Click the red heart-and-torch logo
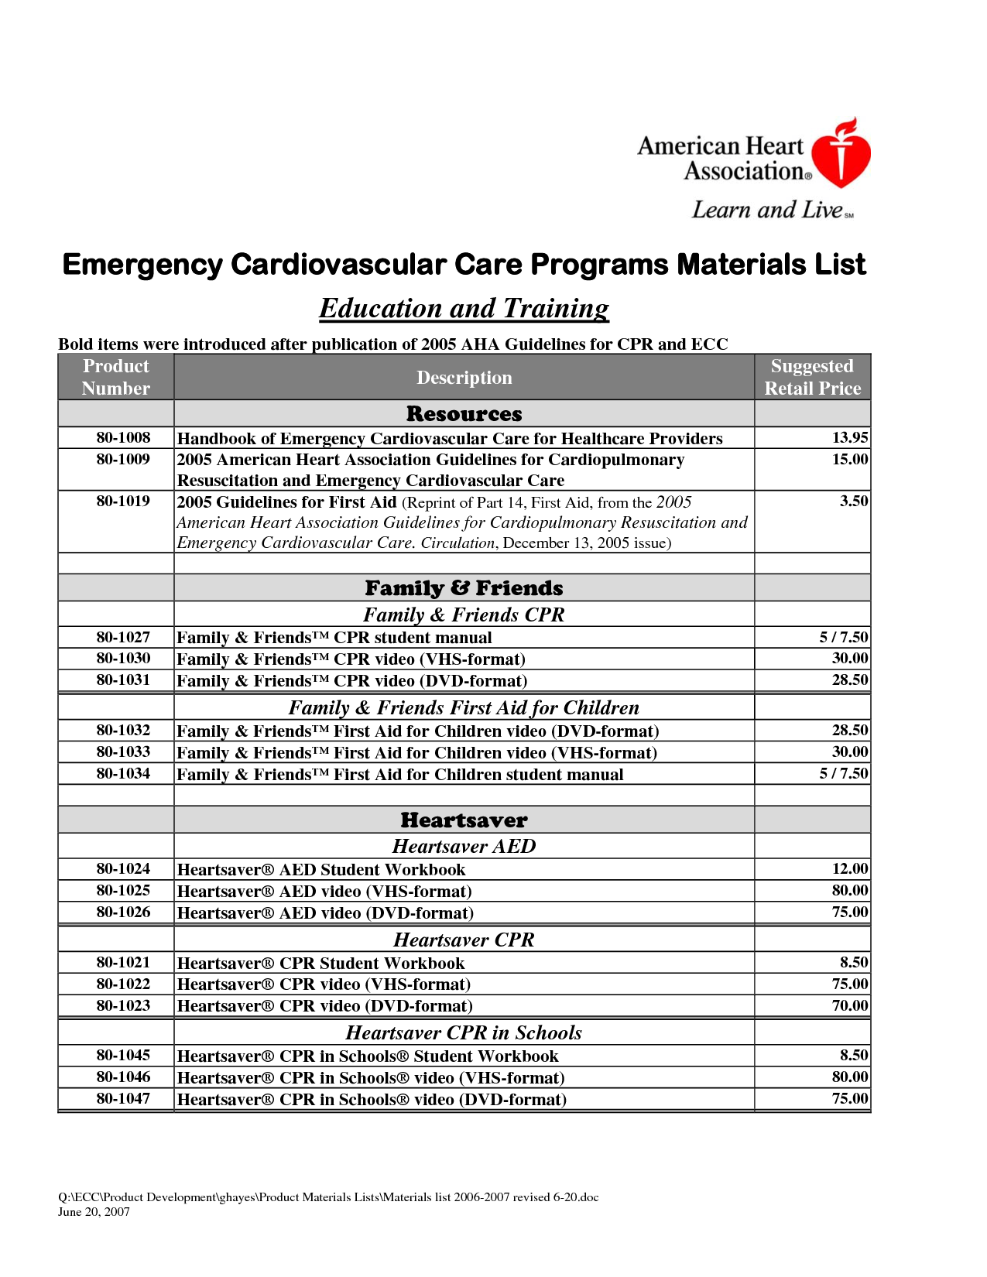[844, 154]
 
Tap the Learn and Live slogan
[771, 210]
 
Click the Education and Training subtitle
[464, 308]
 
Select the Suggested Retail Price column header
[812, 377]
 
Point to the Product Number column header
[116, 377]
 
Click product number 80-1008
[123, 437]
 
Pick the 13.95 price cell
[849, 437]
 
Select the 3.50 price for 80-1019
[854, 501]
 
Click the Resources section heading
[464, 414]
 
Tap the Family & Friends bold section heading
[464, 588]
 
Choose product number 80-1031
[123, 680]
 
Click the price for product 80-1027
[843, 637]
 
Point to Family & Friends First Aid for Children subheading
[464, 707]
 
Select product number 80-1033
[123, 751]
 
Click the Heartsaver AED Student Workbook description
[321, 870]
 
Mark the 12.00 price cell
[849, 868]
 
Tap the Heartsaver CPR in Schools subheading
[464, 1032]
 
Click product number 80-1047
[123, 1098]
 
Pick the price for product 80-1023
[849, 1005]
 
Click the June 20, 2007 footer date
[94, 1212]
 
